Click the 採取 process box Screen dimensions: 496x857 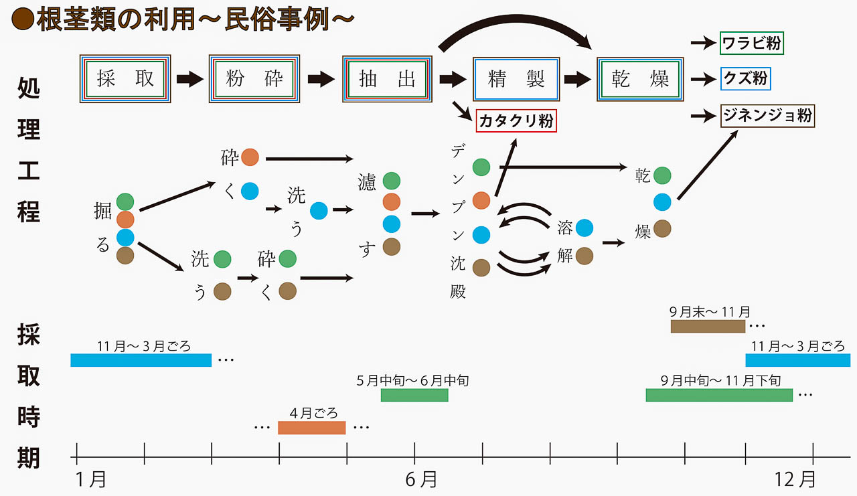[125, 79]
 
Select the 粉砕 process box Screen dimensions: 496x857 [254, 79]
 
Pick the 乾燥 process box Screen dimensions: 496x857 [640, 79]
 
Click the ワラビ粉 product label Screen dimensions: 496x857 [751, 44]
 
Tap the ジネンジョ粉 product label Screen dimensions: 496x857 [767, 116]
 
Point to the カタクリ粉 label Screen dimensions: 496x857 [516, 121]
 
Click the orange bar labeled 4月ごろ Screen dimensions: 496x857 [311, 427]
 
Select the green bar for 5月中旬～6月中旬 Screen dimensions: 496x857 [414, 395]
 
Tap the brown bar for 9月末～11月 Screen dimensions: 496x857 [708, 326]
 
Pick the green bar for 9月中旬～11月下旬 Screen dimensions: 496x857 [719, 395]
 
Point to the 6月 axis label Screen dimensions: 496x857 [421, 479]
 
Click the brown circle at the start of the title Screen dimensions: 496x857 [22, 19]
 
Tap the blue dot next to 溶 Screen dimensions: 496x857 [584, 228]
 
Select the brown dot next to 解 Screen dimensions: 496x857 [584, 255]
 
